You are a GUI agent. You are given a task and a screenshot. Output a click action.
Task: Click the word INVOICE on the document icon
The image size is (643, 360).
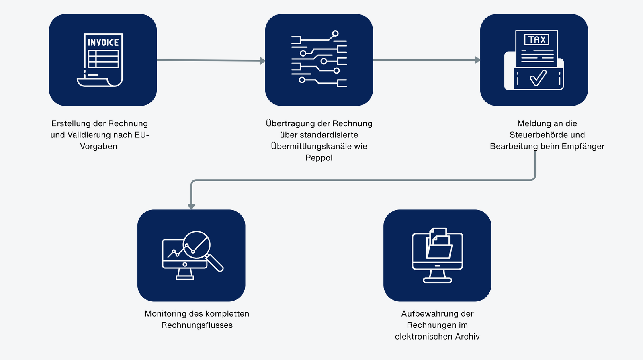pos(103,42)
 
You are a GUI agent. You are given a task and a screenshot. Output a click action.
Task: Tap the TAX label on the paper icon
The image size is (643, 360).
pos(537,39)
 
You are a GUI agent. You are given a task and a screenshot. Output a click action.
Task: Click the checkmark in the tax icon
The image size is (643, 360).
pos(538,78)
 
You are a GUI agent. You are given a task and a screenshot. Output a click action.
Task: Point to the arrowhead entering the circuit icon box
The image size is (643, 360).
pos(262,61)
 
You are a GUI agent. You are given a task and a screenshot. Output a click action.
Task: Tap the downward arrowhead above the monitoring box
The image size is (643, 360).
pos(191,206)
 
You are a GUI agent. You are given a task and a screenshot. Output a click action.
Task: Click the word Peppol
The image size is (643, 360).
pos(319,157)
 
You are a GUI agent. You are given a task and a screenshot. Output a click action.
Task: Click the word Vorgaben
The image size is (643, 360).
pos(98,146)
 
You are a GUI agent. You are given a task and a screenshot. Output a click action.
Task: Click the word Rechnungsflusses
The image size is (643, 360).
pos(197,325)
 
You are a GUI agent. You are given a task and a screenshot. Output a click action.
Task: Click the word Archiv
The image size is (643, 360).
pos(469,336)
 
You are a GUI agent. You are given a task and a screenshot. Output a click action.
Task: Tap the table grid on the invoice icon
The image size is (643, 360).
pos(103,59)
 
